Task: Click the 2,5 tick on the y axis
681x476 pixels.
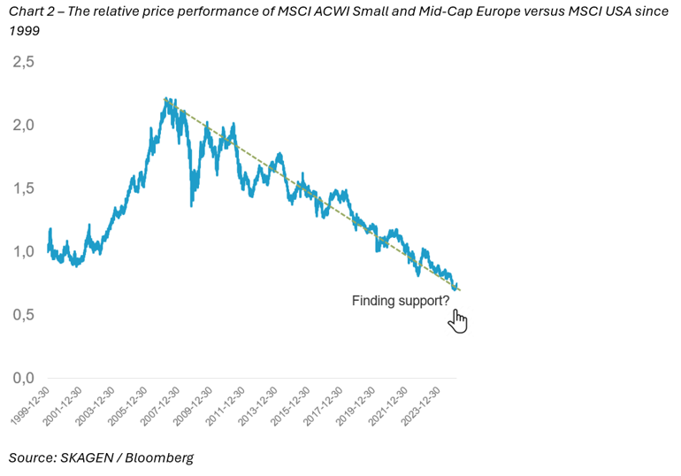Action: pyautogui.click(x=23, y=63)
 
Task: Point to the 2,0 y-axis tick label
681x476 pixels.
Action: pyautogui.click(x=23, y=126)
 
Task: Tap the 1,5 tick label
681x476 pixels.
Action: pyautogui.click(x=23, y=188)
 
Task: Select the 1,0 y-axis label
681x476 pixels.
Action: pyautogui.click(x=23, y=251)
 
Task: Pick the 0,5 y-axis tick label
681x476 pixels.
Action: pyautogui.click(x=23, y=315)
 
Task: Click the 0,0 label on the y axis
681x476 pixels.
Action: pyautogui.click(x=23, y=378)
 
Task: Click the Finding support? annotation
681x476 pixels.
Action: pyautogui.click(x=400, y=301)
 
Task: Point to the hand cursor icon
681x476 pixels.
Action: pyautogui.click(x=457, y=319)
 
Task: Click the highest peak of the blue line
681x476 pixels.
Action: pyautogui.click(x=166, y=98)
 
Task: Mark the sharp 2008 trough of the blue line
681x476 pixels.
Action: pyautogui.click(x=192, y=205)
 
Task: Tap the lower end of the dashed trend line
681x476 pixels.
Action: pyautogui.click(x=461, y=291)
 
